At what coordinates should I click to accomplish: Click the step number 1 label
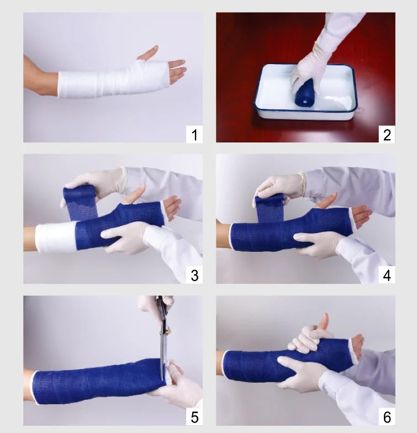[x=194, y=134]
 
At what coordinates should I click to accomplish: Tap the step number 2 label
[x=387, y=134]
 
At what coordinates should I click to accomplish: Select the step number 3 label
[x=194, y=275]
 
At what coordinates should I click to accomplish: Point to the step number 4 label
[x=387, y=275]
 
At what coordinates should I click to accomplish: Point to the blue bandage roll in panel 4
[x=270, y=202]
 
